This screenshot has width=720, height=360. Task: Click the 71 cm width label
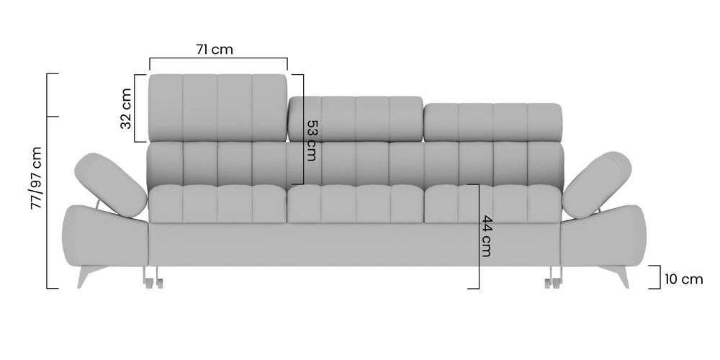pos(215,49)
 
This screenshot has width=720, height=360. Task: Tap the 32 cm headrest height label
pos(126,109)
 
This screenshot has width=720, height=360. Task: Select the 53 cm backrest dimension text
pos(312,140)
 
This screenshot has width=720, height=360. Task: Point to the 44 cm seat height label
pos(485,236)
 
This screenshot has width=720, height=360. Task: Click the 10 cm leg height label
pos(684,279)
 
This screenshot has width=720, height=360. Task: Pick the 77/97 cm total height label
pos(36,178)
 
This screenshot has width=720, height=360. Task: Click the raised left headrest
pos(217,108)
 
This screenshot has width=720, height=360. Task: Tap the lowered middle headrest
pos(356,119)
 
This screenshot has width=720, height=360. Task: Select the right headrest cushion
pos(492,122)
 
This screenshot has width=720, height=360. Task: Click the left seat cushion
pos(217,204)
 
